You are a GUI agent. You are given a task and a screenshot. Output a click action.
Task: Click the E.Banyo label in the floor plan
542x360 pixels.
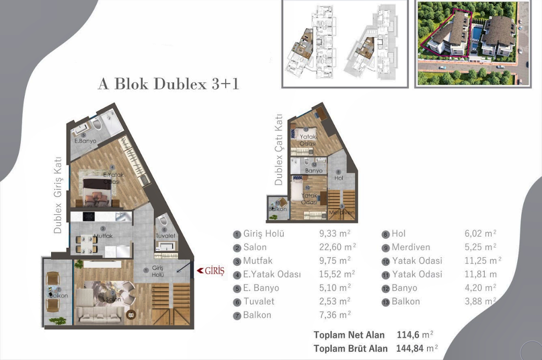(85, 141)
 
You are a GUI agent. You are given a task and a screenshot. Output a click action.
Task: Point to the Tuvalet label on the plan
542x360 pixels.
(166, 236)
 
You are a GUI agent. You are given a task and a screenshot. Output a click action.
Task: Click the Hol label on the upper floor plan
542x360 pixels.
(339, 178)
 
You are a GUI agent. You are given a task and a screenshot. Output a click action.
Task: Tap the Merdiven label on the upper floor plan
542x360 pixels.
(341, 212)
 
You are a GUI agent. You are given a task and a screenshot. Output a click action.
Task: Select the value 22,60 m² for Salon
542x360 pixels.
(338, 247)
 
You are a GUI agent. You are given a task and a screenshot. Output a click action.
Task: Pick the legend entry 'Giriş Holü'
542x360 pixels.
(263, 234)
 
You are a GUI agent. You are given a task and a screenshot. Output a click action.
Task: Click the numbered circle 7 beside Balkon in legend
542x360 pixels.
(237, 315)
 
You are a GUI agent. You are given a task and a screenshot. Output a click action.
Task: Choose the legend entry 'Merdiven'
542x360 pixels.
(411, 247)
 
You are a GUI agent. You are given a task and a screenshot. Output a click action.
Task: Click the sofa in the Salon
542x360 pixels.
(97, 313)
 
